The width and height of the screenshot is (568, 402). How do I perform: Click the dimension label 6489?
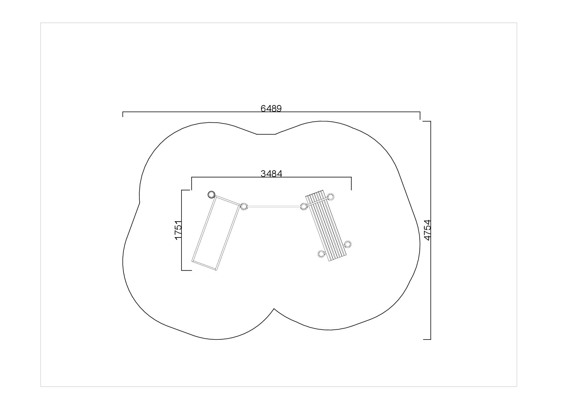click(x=271, y=108)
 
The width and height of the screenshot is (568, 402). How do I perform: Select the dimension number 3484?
click(x=271, y=174)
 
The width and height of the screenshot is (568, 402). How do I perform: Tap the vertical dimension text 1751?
click(x=178, y=230)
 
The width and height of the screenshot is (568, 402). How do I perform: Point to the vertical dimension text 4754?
click(x=428, y=230)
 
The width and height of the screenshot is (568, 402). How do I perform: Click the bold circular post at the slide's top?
click(x=211, y=195)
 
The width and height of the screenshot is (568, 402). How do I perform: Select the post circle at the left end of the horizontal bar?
click(x=244, y=206)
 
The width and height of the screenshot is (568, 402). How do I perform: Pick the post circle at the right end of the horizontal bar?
click(x=304, y=206)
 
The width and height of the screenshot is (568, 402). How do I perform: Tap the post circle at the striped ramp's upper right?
click(x=331, y=197)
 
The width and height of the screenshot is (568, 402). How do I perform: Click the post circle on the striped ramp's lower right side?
click(x=348, y=244)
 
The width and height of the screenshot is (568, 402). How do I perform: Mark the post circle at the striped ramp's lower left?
click(x=321, y=254)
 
